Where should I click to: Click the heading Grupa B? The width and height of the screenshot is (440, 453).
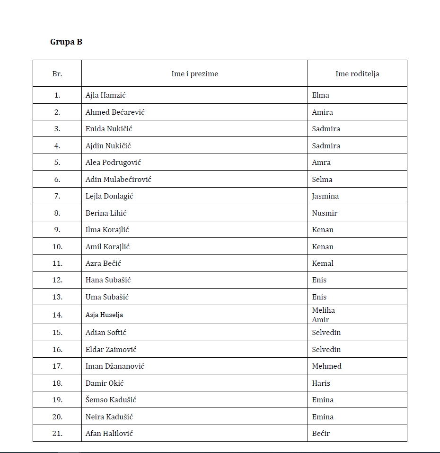click(x=66, y=42)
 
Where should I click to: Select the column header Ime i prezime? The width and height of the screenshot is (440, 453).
click(x=194, y=74)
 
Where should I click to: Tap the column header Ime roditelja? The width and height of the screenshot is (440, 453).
click(x=357, y=74)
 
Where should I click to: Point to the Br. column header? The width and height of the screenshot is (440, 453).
click(x=57, y=74)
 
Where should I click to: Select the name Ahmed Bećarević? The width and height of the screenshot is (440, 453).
click(x=115, y=112)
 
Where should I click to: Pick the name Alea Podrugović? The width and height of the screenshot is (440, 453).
click(x=113, y=163)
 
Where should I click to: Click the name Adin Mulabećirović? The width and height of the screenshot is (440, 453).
click(x=118, y=180)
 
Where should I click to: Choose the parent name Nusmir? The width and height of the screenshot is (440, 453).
click(x=325, y=213)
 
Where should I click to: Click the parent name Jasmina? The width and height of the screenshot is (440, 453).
click(x=326, y=196)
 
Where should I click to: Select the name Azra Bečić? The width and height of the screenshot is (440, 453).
click(x=103, y=263)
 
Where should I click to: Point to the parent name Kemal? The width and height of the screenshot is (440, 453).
click(x=323, y=263)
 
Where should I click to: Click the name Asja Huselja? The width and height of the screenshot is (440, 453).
click(x=104, y=315)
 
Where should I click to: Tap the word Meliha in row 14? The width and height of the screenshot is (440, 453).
click(x=324, y=310)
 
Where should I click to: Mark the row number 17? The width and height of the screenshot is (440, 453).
click(x=57, y=366)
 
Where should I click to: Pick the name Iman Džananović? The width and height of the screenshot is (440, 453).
click(x=115, y=366)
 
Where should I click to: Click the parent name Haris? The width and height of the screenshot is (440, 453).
click(x=321, y=383)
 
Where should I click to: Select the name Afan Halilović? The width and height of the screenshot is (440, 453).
click(x=109, y=434)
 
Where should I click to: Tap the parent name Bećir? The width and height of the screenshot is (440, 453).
click(x=321, y=434)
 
